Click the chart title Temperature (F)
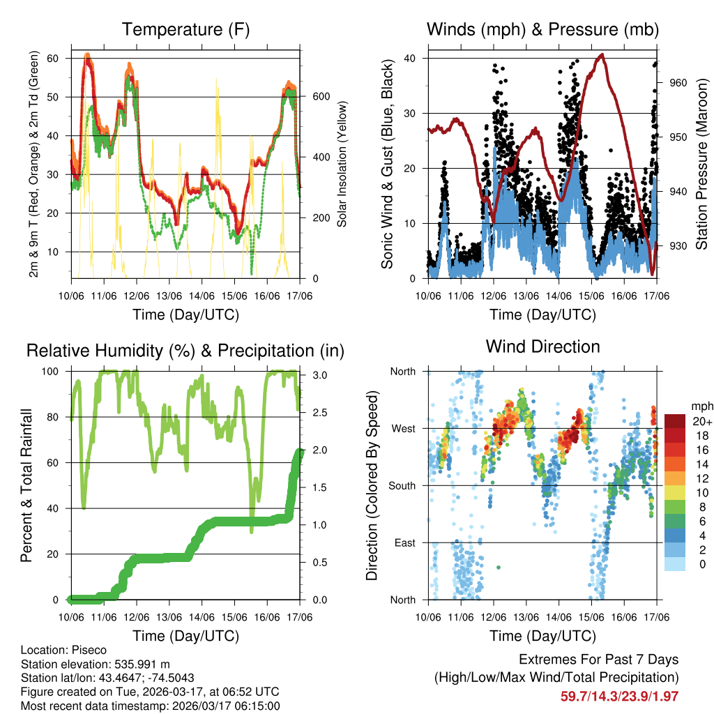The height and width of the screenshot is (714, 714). (185, 30)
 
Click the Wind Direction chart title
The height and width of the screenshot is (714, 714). (542, 347)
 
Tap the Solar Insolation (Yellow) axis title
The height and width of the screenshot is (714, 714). (342, 165)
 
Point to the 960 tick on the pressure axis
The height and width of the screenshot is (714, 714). (678, 82)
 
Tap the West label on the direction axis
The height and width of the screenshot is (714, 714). (402, 428)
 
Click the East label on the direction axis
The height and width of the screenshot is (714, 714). (404, 542)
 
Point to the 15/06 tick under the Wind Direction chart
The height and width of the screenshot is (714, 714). (591, 617)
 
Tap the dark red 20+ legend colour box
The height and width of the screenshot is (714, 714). (675, 421)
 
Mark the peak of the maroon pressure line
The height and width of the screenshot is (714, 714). (602, 54)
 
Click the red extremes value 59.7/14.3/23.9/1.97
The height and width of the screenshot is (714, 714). (619, 696)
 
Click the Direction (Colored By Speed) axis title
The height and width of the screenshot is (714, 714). (372, 485)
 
